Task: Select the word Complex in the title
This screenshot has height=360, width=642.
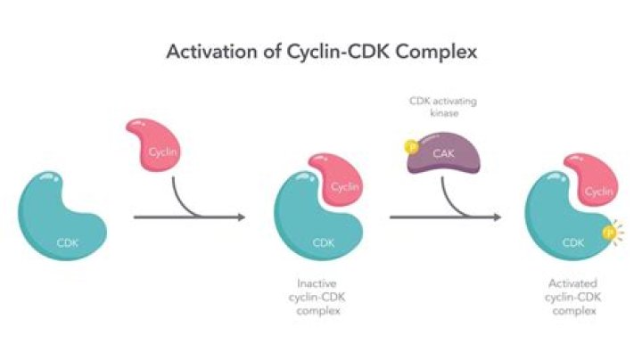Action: click(434, 52)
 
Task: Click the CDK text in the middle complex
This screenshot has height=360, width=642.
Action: click(319, 241)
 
